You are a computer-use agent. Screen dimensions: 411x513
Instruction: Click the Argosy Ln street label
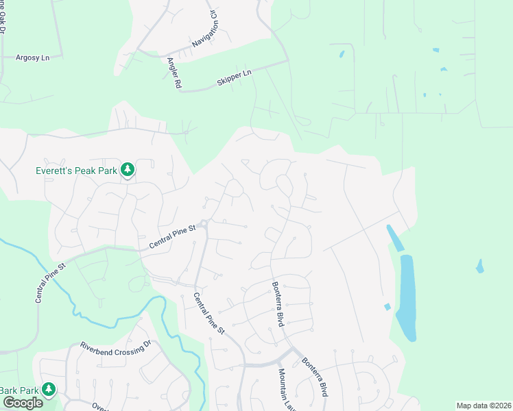tap(33, 58)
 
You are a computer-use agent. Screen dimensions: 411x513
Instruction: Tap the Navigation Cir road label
tap(204, 29)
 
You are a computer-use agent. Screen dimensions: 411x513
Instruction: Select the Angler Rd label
tap(173, 73)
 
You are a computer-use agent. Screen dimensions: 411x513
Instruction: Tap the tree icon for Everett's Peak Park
tap(127, 169)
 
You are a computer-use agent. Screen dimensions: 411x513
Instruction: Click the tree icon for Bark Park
tap(48, 390)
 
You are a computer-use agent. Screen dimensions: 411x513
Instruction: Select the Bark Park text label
tap(19, 390)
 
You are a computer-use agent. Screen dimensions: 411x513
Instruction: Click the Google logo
tap(22, 403)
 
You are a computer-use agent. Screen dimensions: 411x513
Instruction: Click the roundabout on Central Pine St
tap(204, 223)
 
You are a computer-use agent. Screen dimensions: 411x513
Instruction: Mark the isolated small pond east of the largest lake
tap(479, 265)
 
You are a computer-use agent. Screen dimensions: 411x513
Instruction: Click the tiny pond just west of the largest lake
tap(387, 306)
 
